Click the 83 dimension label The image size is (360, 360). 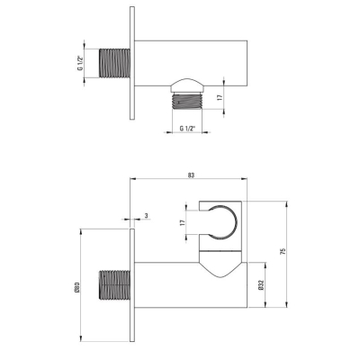191,175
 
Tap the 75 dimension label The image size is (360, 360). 283,251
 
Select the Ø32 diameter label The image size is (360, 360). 261,285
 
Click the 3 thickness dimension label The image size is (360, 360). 146,215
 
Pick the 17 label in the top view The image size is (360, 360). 220,97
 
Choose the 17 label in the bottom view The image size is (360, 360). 182,222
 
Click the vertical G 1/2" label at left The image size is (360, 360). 80,63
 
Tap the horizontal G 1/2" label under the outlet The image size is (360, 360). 187,129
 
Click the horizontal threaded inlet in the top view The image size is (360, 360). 114,63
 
